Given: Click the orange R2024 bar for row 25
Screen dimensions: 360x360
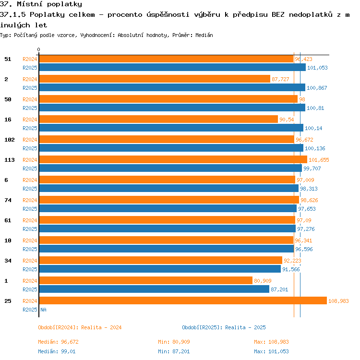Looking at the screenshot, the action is tap(183, 300).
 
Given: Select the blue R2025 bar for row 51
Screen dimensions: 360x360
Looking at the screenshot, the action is tap(172, 67).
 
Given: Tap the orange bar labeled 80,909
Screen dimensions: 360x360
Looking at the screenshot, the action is tap(146, 280).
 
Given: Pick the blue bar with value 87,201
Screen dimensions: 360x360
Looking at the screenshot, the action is tap(154, 289).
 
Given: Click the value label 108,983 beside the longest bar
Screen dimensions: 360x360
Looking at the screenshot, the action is tap(338, 301).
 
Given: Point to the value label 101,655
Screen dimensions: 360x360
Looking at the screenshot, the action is tap(319, 160).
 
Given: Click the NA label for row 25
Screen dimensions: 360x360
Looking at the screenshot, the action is tap(43, 310).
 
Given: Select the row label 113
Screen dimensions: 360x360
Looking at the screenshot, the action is tap(10, 160).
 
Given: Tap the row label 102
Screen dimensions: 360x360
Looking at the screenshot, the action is tap(10, 140).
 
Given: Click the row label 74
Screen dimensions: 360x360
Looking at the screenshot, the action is tap(8, 200).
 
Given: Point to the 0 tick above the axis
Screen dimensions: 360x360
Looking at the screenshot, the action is tap(38, 49).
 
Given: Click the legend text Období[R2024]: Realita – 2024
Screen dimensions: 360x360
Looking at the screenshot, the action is tap(80, 327).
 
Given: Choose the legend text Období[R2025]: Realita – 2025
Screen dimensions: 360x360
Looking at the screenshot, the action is tap(224, 327).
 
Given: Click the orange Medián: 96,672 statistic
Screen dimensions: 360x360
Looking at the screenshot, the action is tap(58, 342).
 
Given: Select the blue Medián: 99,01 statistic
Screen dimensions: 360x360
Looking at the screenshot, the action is tap(57, 351).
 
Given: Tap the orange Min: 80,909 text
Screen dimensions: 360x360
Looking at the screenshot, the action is tap(174, 342).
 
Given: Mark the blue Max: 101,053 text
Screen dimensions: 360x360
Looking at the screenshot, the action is tap(271, 351).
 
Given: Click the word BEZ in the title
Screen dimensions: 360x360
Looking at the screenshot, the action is tap(278, 15).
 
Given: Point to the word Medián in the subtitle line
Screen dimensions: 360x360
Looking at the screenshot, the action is tap(204, 35).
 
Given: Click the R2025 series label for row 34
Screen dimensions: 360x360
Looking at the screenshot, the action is tap(30, 269).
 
